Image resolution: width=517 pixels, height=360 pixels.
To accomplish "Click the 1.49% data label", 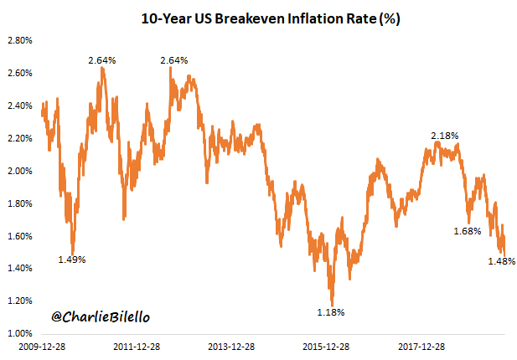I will (x=71, y=260).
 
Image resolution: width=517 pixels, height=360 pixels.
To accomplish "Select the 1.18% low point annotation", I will (x=331, y=312).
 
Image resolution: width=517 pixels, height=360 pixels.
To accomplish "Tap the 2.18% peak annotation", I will (x=444, y=136).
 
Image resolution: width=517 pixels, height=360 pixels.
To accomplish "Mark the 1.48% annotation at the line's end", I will (x=501, y=262).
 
